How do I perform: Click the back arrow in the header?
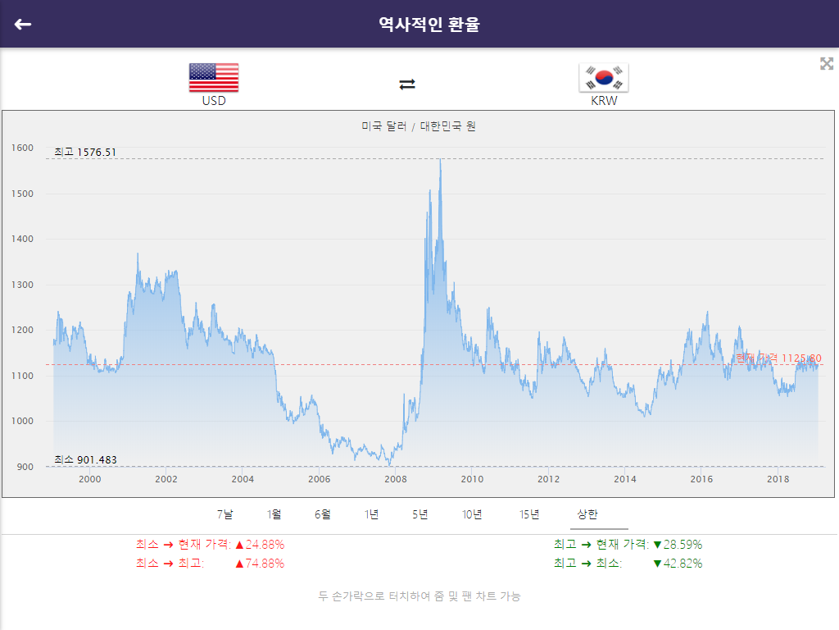23,24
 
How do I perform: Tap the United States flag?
214,77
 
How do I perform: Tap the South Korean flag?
604,77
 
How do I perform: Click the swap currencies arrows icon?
407,84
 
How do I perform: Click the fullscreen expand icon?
827,64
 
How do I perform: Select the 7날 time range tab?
225,514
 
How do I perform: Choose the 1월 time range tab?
274,514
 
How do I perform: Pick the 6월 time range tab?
323,514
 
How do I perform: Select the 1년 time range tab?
372,514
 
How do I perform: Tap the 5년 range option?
420,514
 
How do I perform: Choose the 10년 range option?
472,514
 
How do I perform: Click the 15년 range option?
529,514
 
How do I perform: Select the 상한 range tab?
587,514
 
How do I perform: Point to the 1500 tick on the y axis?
23,194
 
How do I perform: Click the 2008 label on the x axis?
396,479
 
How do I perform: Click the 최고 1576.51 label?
85,152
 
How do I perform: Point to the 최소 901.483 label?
85,459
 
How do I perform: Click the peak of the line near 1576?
441,160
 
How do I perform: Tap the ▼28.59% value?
678,545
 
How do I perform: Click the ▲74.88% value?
260,564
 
